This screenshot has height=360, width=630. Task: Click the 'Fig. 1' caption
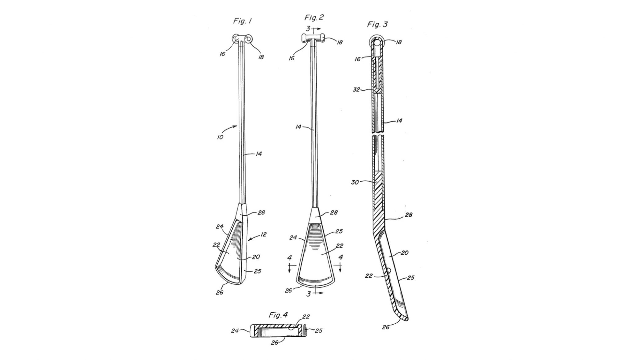coord(242,21)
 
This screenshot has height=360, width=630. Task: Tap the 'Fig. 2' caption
coord(314,18)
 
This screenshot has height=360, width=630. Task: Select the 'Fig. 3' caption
coord(377,25)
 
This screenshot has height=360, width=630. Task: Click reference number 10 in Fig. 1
coord(220,137)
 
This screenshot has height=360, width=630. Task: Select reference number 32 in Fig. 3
coord(356,90)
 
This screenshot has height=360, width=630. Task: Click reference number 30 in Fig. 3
coord(355,182)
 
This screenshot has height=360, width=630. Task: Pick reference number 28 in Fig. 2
coord(333,213)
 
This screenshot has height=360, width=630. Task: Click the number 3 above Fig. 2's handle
coord(308,29)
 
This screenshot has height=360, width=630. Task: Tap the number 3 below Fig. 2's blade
coord(309,294)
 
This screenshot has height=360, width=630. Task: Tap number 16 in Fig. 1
coord(222,54)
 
